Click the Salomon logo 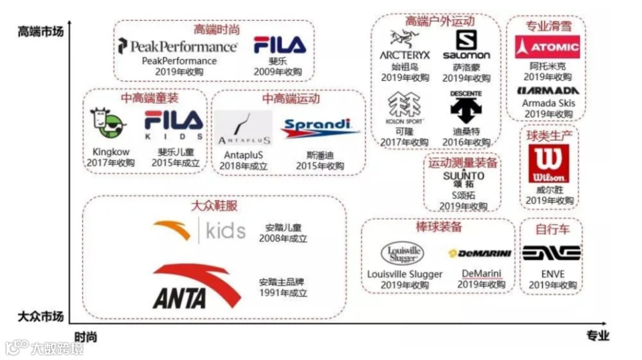point(467,45)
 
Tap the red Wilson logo point(548,163)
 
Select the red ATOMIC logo point(547,47)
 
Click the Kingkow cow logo point(108,124)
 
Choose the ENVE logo point(551,254)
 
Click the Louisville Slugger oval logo point(402,254)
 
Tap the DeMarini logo point(480,254)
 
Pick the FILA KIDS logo point(174,124)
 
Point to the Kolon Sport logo point(404,108)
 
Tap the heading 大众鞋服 point(214,206)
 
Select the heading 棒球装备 point(439,227)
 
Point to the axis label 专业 point(597,336)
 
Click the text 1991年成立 point(283,293)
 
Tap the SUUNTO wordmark point(464,176)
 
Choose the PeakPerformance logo point(178,46)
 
